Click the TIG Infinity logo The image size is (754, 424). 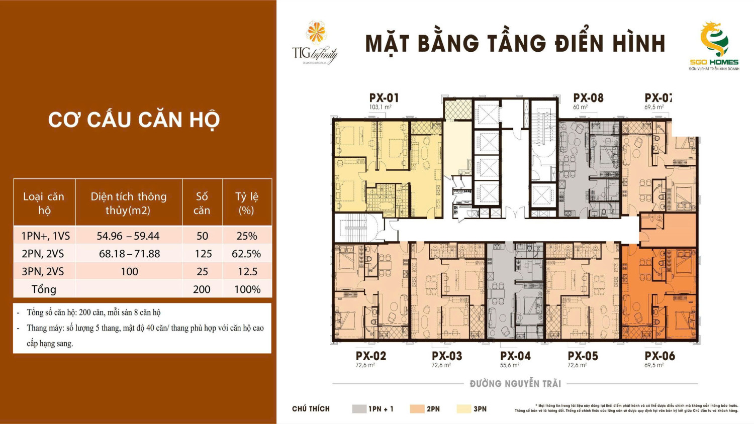315,44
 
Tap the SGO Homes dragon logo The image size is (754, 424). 714,40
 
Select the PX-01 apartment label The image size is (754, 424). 384,98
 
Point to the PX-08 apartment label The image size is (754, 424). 588,98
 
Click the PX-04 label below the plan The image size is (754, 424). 515,356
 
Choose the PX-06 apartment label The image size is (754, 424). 659,356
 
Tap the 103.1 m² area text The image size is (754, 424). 380,108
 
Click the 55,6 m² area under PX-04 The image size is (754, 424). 509,365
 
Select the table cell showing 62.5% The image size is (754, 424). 246,254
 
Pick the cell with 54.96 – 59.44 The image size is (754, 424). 128,236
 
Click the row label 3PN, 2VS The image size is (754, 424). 43,272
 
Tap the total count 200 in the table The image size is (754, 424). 202,289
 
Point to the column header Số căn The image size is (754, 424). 202,203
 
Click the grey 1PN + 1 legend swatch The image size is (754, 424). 359,409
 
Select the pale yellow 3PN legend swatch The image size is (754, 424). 463,409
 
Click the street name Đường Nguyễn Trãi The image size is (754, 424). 515,384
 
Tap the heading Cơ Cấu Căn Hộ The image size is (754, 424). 134,120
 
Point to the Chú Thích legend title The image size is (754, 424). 311,409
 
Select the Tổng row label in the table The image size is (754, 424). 44,289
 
